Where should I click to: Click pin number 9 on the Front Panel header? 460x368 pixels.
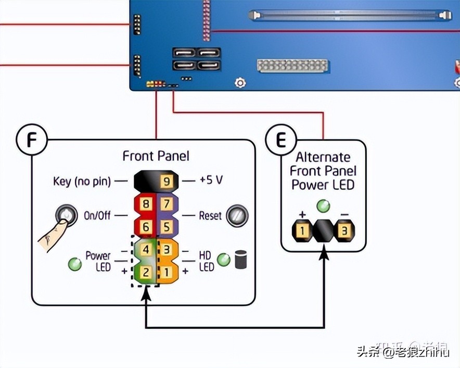[166, 181]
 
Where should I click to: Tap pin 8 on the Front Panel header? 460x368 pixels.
[147, 204]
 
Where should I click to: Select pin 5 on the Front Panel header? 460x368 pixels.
[166, 227]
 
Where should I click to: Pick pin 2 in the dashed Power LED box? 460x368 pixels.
[147, 272]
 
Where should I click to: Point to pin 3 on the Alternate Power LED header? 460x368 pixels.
[343, 229]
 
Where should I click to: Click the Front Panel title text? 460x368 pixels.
[156, 156]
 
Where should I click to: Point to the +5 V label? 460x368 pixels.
[211, 180]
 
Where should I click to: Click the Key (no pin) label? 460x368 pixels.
[82, 181]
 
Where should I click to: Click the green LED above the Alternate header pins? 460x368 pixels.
[323, 205]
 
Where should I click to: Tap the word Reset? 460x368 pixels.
[210, 215]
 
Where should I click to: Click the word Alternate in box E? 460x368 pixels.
[323, 157]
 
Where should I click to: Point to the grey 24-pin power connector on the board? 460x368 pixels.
[292, 66]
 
